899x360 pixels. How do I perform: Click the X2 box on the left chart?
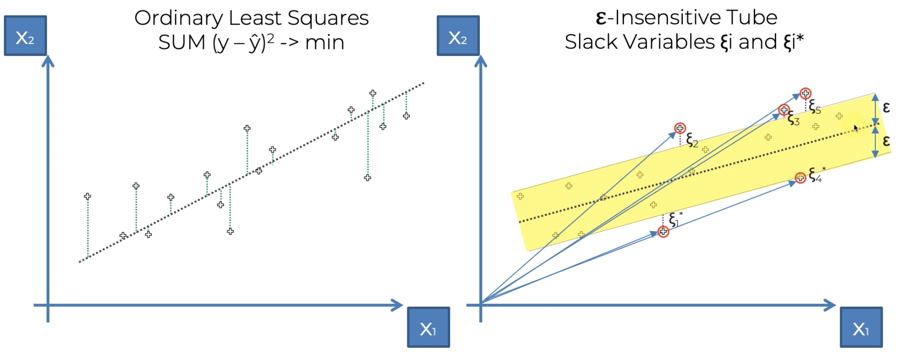click(25, 36)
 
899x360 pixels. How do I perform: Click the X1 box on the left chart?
click(428, 327)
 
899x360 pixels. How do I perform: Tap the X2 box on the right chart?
click(458, 36)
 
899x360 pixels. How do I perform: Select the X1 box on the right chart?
click(861, 327)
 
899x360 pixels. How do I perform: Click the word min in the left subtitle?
click(324, 43)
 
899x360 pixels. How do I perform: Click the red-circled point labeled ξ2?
click(680, 129)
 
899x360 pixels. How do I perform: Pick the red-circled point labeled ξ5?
click(805, 93)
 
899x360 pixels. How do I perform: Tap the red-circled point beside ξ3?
click(784, 110)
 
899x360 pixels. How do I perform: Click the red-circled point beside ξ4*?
click(800, 177)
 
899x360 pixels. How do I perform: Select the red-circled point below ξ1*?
click(663, 231)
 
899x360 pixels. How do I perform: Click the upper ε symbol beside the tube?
click(886, 107)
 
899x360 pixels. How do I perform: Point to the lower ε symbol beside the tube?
click(886, 141)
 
